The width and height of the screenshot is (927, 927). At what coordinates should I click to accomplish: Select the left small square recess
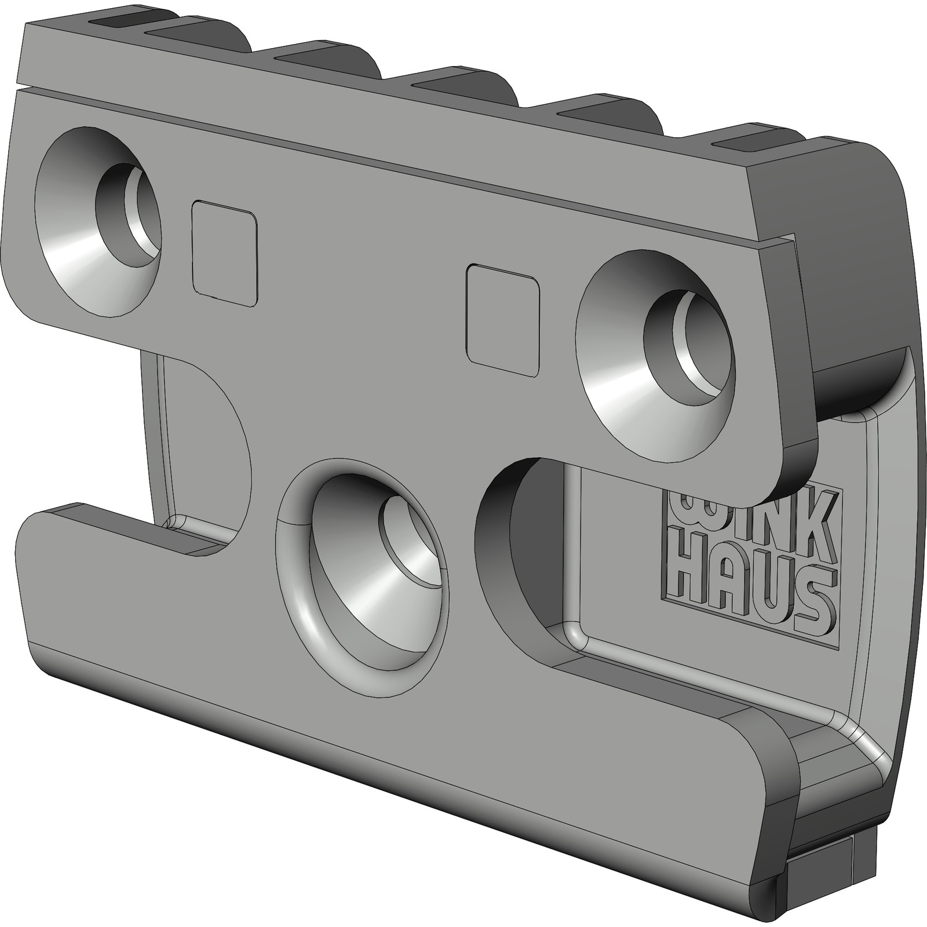(224, 253)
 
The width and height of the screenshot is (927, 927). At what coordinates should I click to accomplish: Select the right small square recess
(502, 321)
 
